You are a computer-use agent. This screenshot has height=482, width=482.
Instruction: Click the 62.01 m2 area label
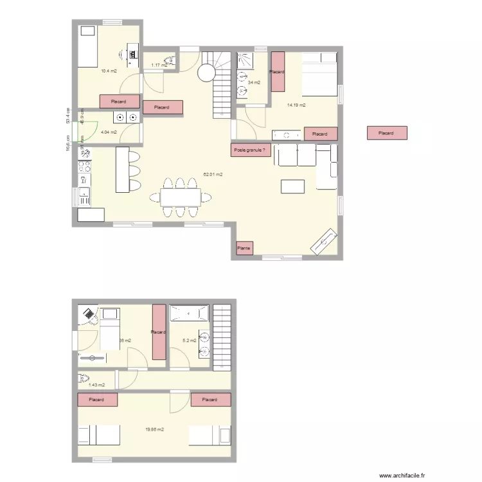[x=213, y=174]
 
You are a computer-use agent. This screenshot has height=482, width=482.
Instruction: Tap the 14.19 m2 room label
[x=296, y=105]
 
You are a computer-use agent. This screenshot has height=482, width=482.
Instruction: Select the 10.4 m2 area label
[x=109, y=71]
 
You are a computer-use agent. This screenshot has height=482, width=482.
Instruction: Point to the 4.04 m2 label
[x=109, y=132]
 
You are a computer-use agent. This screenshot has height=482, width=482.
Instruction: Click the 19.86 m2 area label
[x=155, y=429]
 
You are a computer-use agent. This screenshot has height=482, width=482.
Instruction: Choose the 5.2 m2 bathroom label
[x=190, y=341]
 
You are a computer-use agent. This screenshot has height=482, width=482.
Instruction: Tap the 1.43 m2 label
[x=96, y=385]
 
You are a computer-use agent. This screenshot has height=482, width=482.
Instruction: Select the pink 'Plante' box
[x=244, y=248]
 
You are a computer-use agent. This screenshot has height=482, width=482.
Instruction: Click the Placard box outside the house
[x=386, y=133]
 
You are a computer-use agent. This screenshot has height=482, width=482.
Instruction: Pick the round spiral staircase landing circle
[x=206, y=73]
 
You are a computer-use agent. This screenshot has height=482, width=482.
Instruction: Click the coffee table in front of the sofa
[x=292, y=186]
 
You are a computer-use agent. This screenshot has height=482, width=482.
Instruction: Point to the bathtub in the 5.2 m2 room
[x=189, y=314]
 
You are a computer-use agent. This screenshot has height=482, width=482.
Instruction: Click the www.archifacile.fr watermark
[x=403, y=476]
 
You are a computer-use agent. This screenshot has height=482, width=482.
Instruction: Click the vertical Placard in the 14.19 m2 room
[x=277, y=71]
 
